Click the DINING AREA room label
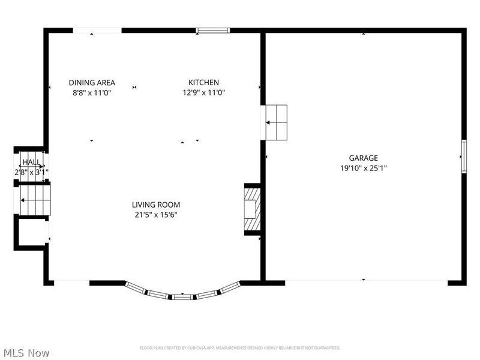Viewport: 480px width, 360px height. coord(92,83)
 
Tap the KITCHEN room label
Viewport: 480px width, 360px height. coord(203,83)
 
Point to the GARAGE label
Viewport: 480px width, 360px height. coord(363,158)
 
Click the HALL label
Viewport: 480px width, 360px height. coord(31,163)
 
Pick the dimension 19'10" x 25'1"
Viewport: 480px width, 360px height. coord(363,169)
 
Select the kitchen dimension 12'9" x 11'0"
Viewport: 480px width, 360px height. coord(203,92)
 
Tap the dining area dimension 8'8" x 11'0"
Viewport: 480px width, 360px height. coord(92,92)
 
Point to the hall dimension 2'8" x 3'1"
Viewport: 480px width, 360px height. coord(31,172)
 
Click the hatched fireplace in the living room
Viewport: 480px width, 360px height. coord(252,209)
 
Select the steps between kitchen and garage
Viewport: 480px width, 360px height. coord(276,122)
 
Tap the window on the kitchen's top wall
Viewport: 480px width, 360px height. coord(214,30)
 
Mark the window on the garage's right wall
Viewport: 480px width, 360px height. coord(463,157)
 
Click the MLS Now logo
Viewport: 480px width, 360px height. coord(26,353)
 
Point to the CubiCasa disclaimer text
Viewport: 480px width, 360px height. coord(240,348)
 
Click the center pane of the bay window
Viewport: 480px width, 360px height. coord(182,296)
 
